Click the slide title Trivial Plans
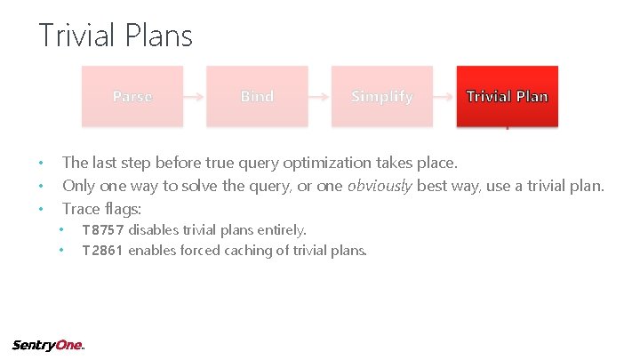[x=116, y=36]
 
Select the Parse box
[x=132, y=96]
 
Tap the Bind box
[x=257, y=96]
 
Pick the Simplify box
[x=382, y=96]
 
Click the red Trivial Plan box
[x=507, y=96]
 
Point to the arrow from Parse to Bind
[x=195, y=96]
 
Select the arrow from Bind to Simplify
[x=320, y=96]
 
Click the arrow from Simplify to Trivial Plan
[x=444, y=96]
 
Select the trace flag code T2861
[x=103, y=251]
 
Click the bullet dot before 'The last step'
[x=41, y=164]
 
